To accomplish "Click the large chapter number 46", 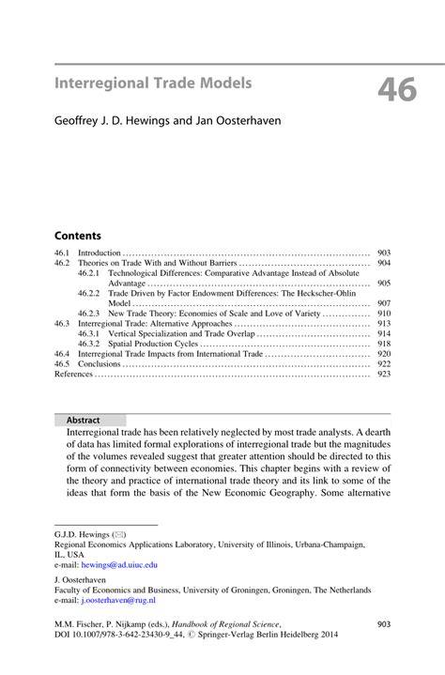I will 398,90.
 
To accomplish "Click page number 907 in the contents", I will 383,304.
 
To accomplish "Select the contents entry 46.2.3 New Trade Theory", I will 216,314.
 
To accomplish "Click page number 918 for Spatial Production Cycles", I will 383,345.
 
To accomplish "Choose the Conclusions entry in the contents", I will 100,364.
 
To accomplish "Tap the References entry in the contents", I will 74,374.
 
